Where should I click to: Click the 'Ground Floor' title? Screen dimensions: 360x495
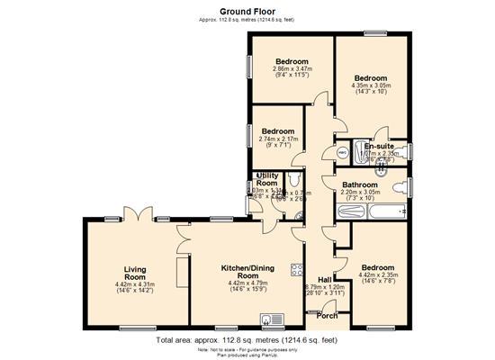247,10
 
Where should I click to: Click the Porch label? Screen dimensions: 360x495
327,316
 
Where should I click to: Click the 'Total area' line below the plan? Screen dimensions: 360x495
247,341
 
